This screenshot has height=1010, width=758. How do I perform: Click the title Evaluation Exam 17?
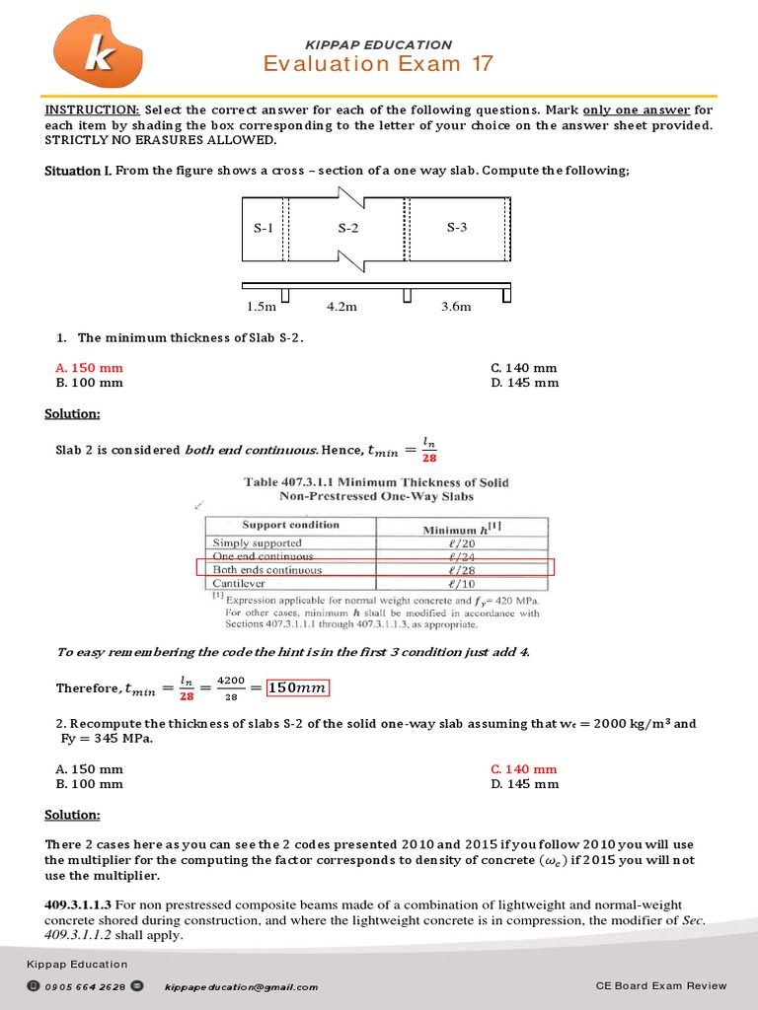click(x=378, y=64)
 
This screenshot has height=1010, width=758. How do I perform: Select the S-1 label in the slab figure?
click(x=263, y=229)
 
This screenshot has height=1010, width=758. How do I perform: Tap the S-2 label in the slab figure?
click(x=348, y=229)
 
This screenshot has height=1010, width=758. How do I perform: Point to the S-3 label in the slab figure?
click(x=456, y=228)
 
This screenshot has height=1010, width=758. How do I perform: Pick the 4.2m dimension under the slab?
click(x=341, y=306)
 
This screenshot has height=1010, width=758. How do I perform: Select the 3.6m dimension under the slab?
click(x=456, y=306)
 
